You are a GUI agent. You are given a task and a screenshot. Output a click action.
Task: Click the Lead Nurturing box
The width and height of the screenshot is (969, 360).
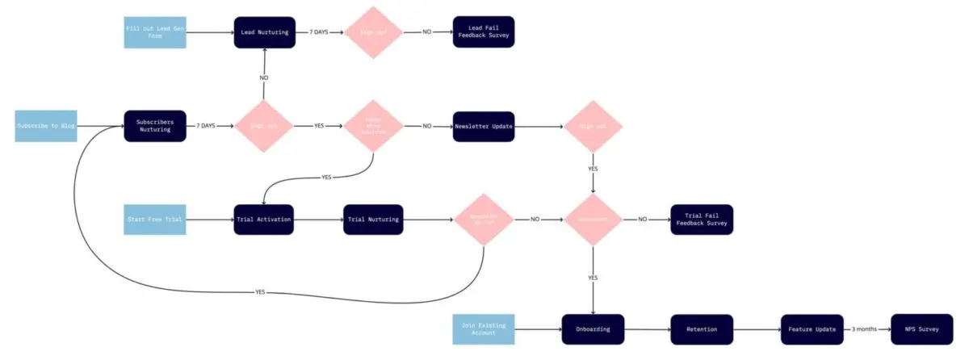click(x=265, y=32)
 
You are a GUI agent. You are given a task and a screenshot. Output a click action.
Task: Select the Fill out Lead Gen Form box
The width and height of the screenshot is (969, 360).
click(x=154, y=32)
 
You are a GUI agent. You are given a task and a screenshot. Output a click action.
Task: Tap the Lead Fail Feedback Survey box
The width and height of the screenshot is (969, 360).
click(x=484, y=32)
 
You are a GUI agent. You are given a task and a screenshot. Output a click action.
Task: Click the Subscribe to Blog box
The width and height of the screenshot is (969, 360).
click(x=46, y=126)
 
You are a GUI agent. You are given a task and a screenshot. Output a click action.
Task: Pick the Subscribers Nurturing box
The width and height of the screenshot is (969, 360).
click(x=154, y=126)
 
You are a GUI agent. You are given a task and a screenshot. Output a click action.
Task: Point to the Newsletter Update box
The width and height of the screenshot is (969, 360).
click(x=484, y=126)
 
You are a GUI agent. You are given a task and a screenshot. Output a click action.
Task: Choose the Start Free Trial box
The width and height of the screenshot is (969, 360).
click(x=154, y=220)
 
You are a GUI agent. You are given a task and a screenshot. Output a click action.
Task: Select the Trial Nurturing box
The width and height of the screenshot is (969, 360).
click(x=373, y=220)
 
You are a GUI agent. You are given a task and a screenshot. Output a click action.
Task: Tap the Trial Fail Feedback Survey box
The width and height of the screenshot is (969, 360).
click(x=702, y=220)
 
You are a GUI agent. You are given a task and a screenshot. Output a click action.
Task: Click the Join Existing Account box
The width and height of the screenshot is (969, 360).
click(x=484, y=329)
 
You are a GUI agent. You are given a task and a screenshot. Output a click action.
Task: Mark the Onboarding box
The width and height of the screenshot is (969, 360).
click(x=594, y=329)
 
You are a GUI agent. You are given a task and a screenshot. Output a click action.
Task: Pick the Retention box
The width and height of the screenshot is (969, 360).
click(x=702, y=329)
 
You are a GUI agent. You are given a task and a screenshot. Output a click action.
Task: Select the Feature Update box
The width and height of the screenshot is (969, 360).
click(x=812, y=329)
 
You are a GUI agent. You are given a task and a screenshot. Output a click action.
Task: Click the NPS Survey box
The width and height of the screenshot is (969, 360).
click(x=921, y=329)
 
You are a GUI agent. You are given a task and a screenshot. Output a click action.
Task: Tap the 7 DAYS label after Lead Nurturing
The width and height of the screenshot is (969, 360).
click(x=318, y=32)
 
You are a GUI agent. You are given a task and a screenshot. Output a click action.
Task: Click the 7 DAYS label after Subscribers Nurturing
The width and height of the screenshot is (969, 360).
click(x=207, y=126)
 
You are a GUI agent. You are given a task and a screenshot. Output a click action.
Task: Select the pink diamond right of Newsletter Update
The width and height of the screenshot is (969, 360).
click(x=594, y=126)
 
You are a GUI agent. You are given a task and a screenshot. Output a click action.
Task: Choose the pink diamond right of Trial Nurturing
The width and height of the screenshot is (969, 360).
click(x=483, y=220)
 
